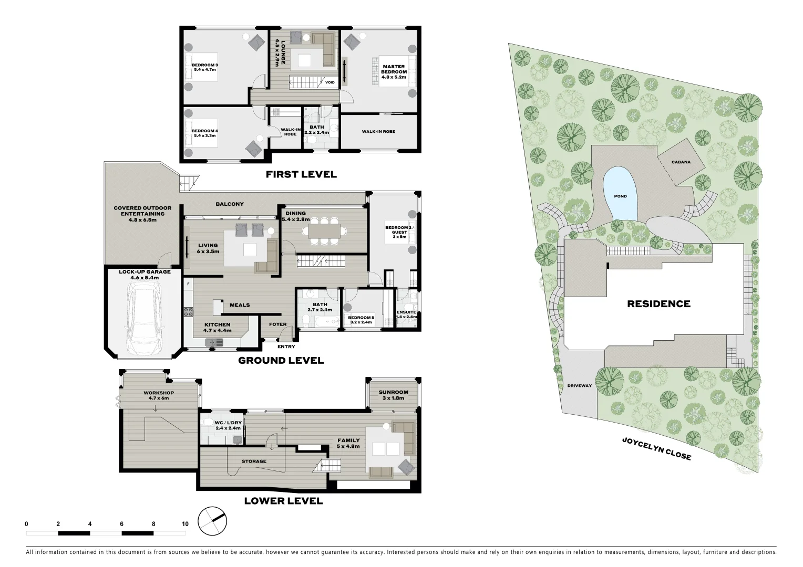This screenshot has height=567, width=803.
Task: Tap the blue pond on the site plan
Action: click(x=621, y=194)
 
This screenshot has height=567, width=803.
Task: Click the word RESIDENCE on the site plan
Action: click(x=658, y=303)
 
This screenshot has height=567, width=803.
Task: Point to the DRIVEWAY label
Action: click(x=579, y=386)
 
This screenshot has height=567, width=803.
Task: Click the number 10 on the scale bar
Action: click(x=185, y=524)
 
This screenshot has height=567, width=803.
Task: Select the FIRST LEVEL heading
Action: click(x=301, y=174)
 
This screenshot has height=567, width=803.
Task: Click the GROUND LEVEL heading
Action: click(x=281, y=361)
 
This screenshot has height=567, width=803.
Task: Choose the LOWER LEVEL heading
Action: click(x=283, y=501)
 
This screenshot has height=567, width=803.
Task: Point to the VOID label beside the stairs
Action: click(x=330, y=82)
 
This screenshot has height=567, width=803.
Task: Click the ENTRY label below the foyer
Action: click(x=286, y=346)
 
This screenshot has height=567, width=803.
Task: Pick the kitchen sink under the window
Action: click(x=215, y=342)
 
